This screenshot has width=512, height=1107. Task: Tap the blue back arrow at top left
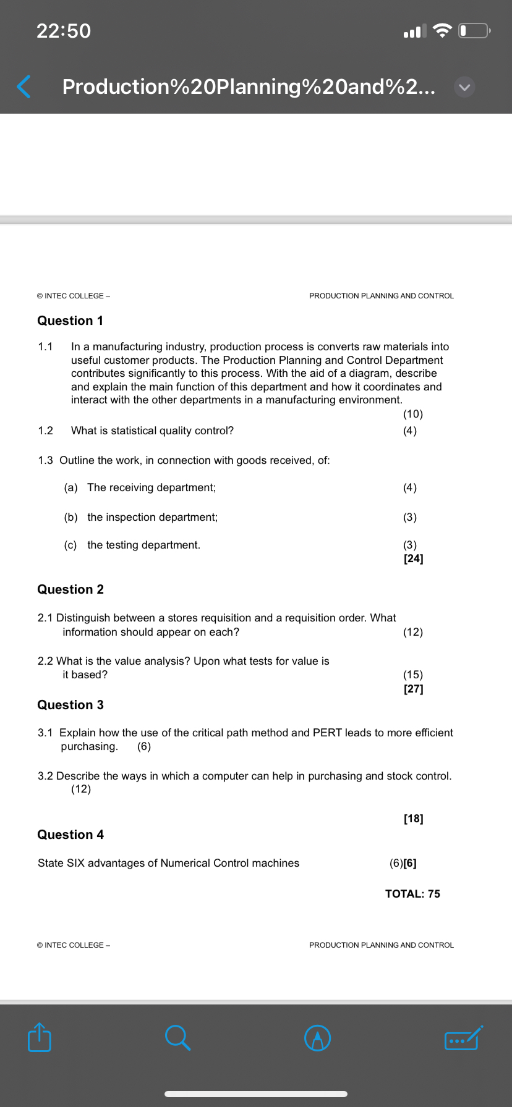click(x=23, y=87)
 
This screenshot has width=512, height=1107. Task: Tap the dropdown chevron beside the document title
click(x=464, y=88)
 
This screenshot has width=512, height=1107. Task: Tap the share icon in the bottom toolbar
click(x=40, y=1037)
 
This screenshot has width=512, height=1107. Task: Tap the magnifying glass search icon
click(x=177, y=1037)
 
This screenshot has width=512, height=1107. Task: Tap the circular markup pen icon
click(x=318, y=1038)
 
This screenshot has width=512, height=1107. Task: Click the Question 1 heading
click(x=70, y=321)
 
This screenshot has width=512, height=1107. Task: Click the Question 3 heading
click(x=70, y=705)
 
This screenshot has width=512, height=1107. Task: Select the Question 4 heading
click(x=70, y=835)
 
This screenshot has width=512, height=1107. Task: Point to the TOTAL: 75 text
click(x=412, y=894)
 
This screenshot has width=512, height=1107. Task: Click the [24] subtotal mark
click(x=413, y=558)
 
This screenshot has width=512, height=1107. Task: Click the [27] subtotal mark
click(x=413, y=689)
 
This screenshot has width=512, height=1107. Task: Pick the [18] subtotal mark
click(x=413, y=819)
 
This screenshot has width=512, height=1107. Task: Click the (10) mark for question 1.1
click(x=412, y=414)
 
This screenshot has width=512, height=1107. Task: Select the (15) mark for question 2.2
click(x=412, y=675)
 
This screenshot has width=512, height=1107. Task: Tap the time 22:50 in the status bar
click(x=64, y=31)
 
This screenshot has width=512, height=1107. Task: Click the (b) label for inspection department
click(x=70, y=517)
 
